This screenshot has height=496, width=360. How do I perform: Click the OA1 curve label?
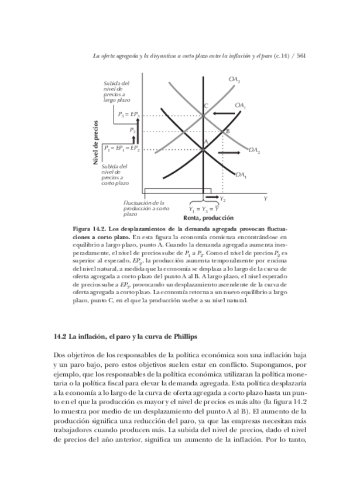pos(240,105)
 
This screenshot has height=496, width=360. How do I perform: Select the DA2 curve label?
pos(255,151)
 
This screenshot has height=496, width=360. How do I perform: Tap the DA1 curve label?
pos(241,174)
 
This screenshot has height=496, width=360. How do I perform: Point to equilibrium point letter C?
pos(206,105)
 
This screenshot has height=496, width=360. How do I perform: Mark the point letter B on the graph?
pos(227,132)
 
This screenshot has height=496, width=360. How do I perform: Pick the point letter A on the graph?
pos(206,142)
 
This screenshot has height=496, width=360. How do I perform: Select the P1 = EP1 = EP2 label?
pos(122,149)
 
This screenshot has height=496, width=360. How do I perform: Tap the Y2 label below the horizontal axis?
pos(223,200)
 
